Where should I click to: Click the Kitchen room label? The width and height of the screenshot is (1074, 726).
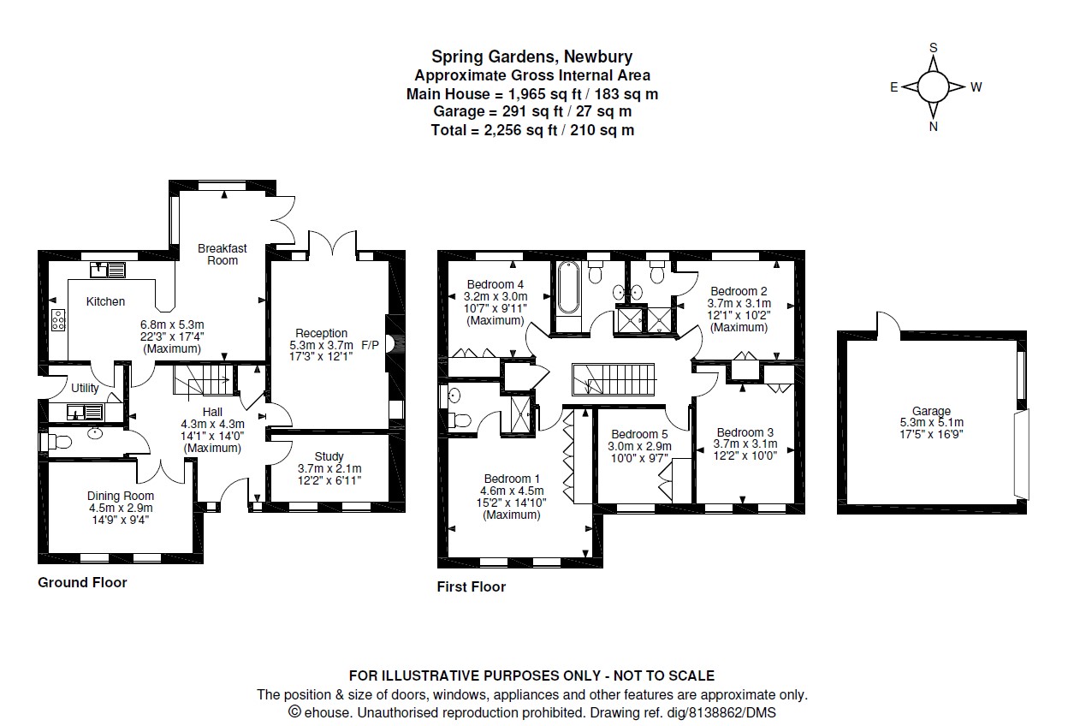click(105, 301)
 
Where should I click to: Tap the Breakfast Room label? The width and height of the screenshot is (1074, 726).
click(222, 254)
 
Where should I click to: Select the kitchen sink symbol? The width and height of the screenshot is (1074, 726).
click(109, 270)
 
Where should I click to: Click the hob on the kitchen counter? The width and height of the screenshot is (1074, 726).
click(60, 320)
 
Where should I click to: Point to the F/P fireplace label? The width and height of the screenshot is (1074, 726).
click(371, 345)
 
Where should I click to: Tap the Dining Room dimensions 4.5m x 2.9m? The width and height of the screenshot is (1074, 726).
click(121, 508)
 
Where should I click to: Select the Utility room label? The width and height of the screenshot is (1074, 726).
click(85, 388)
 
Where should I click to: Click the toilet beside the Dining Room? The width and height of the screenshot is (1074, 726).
click(53, 442)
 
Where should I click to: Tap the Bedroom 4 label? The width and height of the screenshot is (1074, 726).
click(495, 284)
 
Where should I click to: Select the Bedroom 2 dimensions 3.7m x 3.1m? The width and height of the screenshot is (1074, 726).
click(739, 303)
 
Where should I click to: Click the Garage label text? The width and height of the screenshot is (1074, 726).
click(931, 411)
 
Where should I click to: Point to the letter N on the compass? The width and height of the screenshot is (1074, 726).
click(934, 127)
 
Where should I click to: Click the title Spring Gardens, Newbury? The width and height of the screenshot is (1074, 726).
click(531, 57)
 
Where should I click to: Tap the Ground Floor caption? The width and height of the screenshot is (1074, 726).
click(82, 582)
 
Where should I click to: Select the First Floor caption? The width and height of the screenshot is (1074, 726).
click(471, 586)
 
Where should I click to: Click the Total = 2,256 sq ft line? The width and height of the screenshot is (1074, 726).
click(531, 130)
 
